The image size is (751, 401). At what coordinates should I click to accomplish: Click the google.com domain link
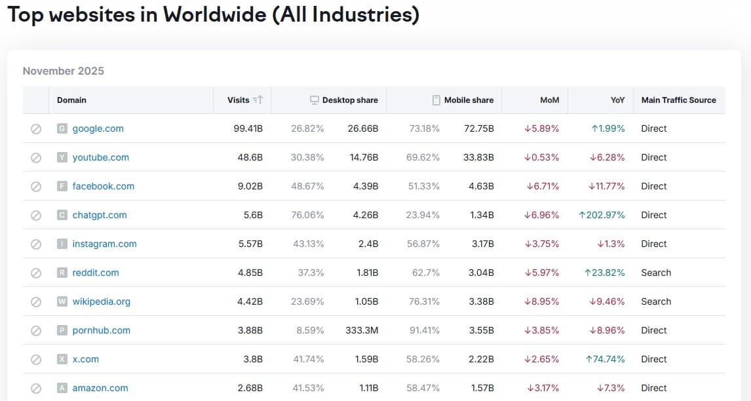(x=98, y=128)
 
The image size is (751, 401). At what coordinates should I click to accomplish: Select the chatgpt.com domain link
(x=100, y=215)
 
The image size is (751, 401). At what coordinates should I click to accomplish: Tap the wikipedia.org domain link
(x=101, y=301)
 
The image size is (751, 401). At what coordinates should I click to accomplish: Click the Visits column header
(x=238, y=100)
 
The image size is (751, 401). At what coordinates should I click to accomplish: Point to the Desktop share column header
(x=350, y=100)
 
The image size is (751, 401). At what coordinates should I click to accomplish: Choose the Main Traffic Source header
(x=679, y=100)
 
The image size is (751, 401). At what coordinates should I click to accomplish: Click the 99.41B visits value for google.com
(x=248, y=128)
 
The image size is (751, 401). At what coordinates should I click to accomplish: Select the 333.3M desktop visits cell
(x=362, y=330)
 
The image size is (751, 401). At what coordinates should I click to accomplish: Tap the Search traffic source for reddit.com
(x=656, y=273)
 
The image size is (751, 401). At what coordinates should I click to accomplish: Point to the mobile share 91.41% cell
(x=425, y=330)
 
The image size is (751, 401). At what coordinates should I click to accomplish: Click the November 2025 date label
(x=63, y=71)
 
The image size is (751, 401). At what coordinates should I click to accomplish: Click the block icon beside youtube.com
(x=36, y=158)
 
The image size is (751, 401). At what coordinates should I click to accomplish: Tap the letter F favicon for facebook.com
(x=62, y=186)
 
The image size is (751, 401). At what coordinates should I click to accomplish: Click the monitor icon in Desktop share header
(x=314, y=100)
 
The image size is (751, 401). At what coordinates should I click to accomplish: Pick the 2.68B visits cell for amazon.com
(x=250, y=388)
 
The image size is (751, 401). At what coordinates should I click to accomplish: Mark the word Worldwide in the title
(x=214, y=14)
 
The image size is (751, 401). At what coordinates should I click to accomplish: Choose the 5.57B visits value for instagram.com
(x=250, y=244)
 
